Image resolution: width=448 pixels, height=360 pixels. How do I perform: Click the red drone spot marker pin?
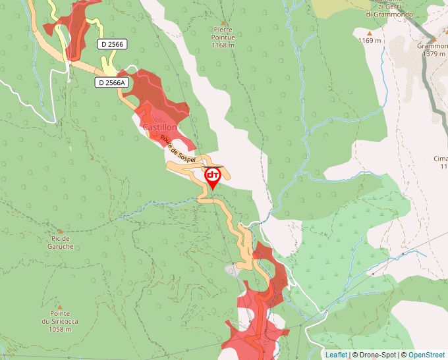click(212, 177)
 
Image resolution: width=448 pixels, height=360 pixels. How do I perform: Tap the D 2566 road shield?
click(112, 44)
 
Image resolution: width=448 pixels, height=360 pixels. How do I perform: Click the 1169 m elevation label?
click(370, 41)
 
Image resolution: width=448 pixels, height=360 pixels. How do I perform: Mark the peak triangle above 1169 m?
click(370, 32)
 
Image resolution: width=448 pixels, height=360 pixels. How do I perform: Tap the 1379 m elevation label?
click(434, 54)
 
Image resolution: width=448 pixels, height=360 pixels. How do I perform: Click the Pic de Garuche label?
click(60, 243)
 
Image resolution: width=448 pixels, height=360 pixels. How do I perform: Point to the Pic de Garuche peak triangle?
click(60, 232)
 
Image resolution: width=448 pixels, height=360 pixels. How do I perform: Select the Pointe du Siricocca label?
click(60, 317)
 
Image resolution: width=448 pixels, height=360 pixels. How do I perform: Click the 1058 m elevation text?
click(60, 329)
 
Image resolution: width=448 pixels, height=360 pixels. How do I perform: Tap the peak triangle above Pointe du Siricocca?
click(60, 307)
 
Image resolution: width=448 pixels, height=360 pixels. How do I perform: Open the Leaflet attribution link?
click(336, 355)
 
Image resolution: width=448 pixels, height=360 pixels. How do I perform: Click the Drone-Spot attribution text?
click(375, 355)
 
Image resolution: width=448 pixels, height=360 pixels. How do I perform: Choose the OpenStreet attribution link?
click(426, 355)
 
